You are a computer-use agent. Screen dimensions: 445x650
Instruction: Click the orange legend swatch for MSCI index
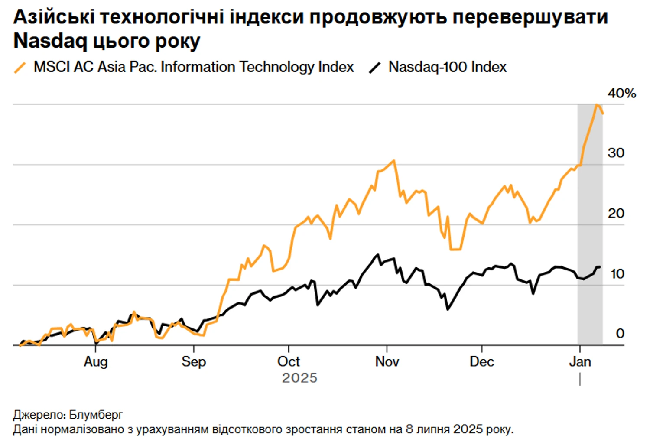click(20, 68)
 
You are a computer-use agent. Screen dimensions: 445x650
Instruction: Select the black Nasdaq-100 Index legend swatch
click(375, 68)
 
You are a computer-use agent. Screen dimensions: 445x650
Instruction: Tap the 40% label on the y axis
click(621, 93)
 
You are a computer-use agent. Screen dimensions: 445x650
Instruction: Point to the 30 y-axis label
click(616, 153)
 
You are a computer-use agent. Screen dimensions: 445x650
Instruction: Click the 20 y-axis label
click(616, 213)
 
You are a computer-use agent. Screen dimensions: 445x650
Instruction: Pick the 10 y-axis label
click(617, 274)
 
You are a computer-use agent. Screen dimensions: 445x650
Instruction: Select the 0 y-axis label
click(620, 333)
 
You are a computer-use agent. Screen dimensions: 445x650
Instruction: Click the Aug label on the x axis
click(96, 361)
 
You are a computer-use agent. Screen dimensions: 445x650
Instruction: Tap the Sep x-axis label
click(194, 361)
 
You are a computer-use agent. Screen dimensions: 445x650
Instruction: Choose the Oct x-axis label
click(289, 361)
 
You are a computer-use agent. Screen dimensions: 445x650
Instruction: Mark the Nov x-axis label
click(387, 361)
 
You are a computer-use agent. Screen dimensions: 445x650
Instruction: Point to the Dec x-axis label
click(482, 361)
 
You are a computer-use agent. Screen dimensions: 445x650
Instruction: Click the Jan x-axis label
click(580, 361)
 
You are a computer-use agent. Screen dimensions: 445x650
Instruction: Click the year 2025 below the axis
click(299, 378)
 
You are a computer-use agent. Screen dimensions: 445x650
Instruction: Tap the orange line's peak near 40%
click(597, 105)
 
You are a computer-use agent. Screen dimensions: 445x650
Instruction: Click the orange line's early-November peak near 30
click(393, 161)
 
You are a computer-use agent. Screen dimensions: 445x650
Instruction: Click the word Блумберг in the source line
click(96, 415)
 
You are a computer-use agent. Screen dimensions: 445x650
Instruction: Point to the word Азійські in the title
click(54, 17)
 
